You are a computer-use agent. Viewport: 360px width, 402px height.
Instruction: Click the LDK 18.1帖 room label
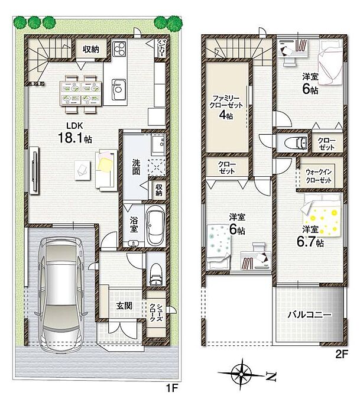click(x=74, y=133)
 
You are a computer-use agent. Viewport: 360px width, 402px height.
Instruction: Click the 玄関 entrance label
click(x=124, y=306)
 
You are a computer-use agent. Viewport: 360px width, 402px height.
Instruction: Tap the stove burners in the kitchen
click(x=119, y=48)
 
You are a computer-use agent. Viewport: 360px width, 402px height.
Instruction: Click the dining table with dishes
click(x=81, y=93)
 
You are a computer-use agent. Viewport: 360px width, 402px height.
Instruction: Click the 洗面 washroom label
click(x=136, y=167)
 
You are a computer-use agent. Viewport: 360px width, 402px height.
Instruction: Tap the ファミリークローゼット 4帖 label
click(x=226, y=107)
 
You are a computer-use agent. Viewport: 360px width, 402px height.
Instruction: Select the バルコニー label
click(x=310, y=315)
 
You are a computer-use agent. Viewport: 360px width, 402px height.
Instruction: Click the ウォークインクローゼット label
click(x=319, y=176)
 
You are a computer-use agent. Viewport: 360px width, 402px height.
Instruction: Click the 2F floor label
click(x=341, y=354)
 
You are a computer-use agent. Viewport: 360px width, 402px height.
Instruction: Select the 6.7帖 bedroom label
click(x=310, y=236)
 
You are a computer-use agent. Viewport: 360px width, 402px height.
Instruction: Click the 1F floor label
click(x=171, y=388)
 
